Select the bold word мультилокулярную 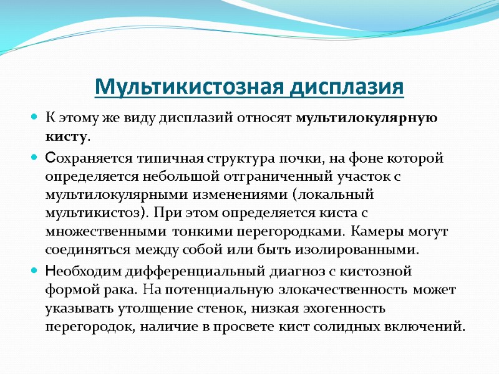coord(362,118)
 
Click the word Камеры coord(374,231)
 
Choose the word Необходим coord(87,272)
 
